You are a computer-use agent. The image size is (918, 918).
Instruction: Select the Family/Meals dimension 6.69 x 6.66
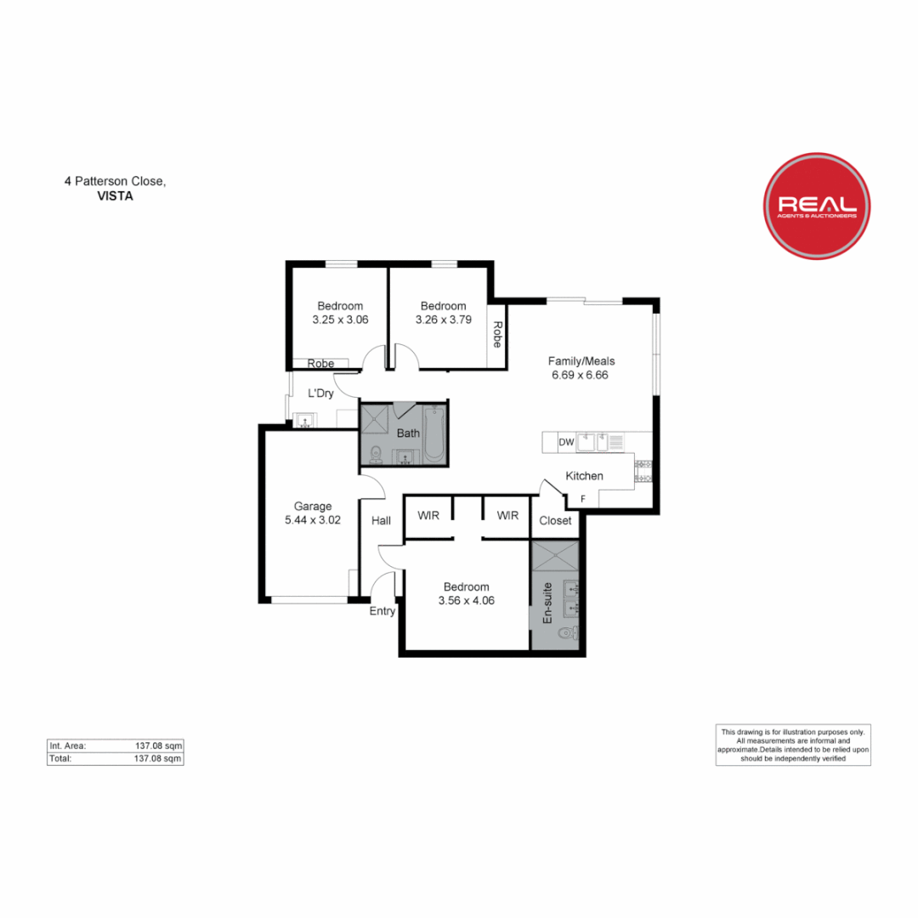tap(581, 374)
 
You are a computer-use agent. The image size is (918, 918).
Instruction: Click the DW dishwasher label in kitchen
tap(565, 442)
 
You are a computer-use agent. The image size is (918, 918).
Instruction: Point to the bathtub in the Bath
tap(433, 433)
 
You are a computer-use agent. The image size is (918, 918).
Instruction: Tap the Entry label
tap(382, 610)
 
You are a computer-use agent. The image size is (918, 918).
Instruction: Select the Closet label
tap(555, 520)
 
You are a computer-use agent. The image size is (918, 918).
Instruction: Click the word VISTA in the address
tap(116, 195)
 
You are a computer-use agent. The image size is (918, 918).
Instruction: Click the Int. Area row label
tap(68, 745)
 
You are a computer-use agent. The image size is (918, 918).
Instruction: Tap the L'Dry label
tap(320, 394)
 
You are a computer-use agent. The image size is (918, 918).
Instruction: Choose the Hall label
tap(382, 520)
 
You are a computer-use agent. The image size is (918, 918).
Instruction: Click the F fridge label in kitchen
tap(582, 498)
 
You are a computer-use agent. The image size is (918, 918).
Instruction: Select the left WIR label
tap(428, 515)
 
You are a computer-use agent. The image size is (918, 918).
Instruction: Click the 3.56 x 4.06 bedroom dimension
tap(466, 600)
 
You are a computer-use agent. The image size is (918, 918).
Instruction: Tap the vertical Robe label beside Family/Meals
tap(497, 335)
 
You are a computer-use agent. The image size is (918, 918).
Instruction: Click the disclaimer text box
tap(792, 745)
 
